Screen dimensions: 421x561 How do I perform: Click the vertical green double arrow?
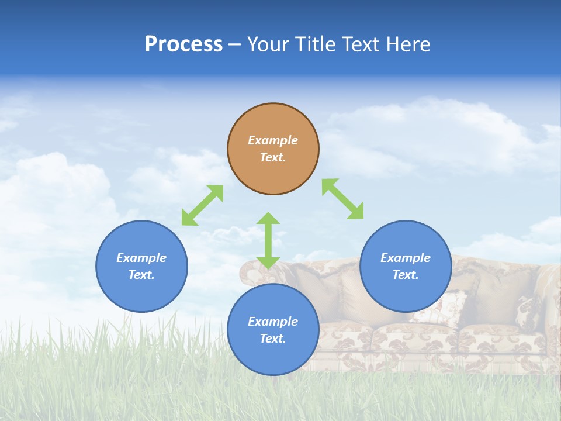pos(268,240)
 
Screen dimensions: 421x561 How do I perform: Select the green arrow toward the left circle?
pos(202,205)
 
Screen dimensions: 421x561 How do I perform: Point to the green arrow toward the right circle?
pos(342,199)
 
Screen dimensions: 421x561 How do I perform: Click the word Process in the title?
pos(183,44)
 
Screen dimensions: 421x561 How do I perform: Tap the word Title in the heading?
pos(316,44)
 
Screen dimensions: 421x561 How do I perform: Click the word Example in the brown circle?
pos(273,140)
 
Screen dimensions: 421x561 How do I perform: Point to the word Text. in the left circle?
pos(141,275)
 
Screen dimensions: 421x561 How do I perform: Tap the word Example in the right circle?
pos(406,258)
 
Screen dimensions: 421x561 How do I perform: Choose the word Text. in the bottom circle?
pos(273,339)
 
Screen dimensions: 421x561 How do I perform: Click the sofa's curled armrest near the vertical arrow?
pos(250,270)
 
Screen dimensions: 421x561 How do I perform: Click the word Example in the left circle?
pos(141,258)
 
